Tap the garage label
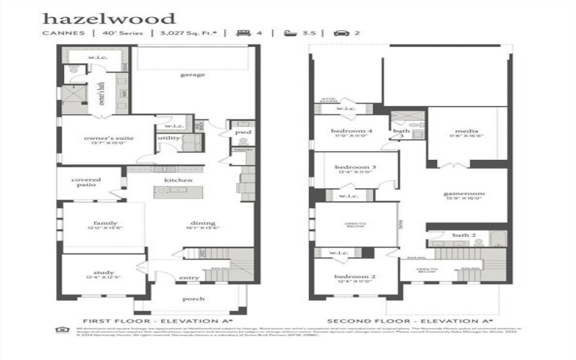tap(192, 74)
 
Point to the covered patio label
tap(86, 183)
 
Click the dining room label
tap(202, 223)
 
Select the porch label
tap(192, 298)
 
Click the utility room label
tap(169, 138)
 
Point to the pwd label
tap(243, 132)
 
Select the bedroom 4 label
tap(352, 131)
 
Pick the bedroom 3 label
tap(355, 167)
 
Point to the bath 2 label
tap(464, 235)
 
